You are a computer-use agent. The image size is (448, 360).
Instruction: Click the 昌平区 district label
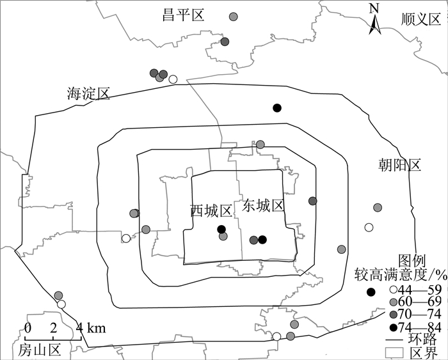click(x=182, y=16)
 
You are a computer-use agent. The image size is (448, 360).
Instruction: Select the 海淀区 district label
click(x=88, y=94)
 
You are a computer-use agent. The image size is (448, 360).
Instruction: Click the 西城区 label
click(x=211, y=210)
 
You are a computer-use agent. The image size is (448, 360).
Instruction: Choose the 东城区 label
click(x=262, y=206)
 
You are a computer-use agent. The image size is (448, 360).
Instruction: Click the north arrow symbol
click(x=376, y=20)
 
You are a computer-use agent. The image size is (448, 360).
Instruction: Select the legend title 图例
click(x=412, y=261)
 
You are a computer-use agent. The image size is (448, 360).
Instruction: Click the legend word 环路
click(x=422, y=340)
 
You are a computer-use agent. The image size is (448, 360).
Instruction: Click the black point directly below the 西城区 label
click(x=221, y=230)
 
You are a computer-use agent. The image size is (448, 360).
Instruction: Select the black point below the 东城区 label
click(x=262, y=240)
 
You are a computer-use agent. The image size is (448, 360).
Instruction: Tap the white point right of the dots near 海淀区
click(x=172, y=79)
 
